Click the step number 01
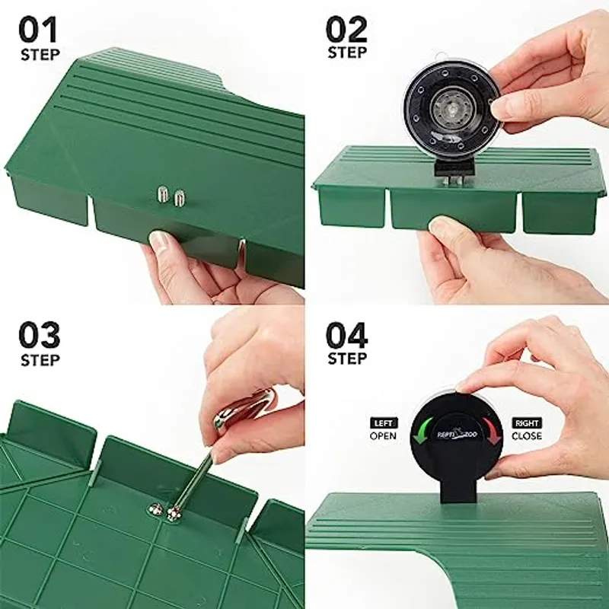click(38, 30)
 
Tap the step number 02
click(346, 29)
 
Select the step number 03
click(40, 335)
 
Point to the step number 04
click(346, 335)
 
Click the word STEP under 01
click(40, 55)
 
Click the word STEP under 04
click(347, 358)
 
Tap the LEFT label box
click(384, 423)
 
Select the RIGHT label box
click(527, 423)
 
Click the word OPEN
click(384, 435)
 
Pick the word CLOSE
click(527, 435)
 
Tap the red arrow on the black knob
click(489, 430)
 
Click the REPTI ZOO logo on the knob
click(458, 435)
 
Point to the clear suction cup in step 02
click(453, 111)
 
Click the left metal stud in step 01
click(163, 194)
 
